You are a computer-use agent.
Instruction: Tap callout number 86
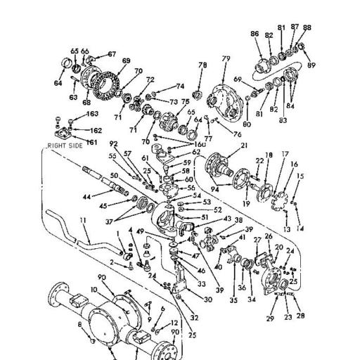[x=255, y=34]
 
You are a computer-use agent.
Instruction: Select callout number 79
[x=226, y=58]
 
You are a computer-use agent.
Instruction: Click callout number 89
[x=311, y=65]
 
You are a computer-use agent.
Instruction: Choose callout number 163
[x=93, y=114]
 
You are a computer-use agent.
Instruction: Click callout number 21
[x=245, y=146]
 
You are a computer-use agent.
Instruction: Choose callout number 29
[x=269, y=319]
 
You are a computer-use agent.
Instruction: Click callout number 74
[x=180, y=86]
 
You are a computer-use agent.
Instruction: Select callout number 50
[x=114, y=176]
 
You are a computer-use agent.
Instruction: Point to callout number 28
[x=301, y=316]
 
